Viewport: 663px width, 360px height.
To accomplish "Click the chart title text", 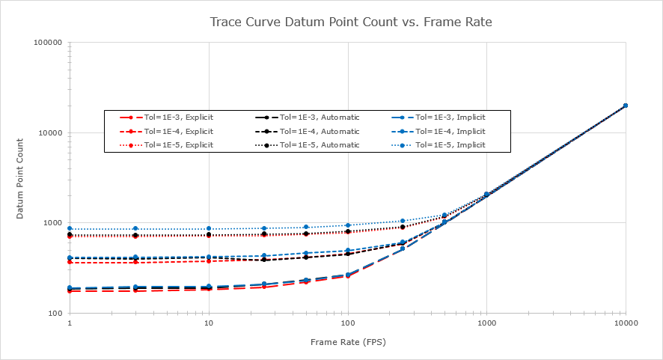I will (349, 22).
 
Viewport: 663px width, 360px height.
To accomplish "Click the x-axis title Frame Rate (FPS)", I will (347, 342).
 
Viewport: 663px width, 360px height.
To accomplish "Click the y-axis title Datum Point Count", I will (22, 178).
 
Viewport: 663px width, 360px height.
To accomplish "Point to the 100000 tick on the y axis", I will (48, 43).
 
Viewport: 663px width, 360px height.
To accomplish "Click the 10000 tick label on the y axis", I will (50, 133).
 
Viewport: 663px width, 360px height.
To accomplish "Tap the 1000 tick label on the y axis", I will (52, 223).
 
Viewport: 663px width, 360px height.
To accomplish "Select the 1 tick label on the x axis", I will (70, 323).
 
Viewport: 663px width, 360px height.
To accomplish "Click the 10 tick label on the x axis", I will (209, 323).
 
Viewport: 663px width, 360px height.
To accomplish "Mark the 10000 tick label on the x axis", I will (626, 323).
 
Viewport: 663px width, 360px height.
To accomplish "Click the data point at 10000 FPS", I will (626, 106).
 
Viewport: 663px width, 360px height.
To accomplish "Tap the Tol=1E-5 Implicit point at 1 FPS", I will (70, 228).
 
